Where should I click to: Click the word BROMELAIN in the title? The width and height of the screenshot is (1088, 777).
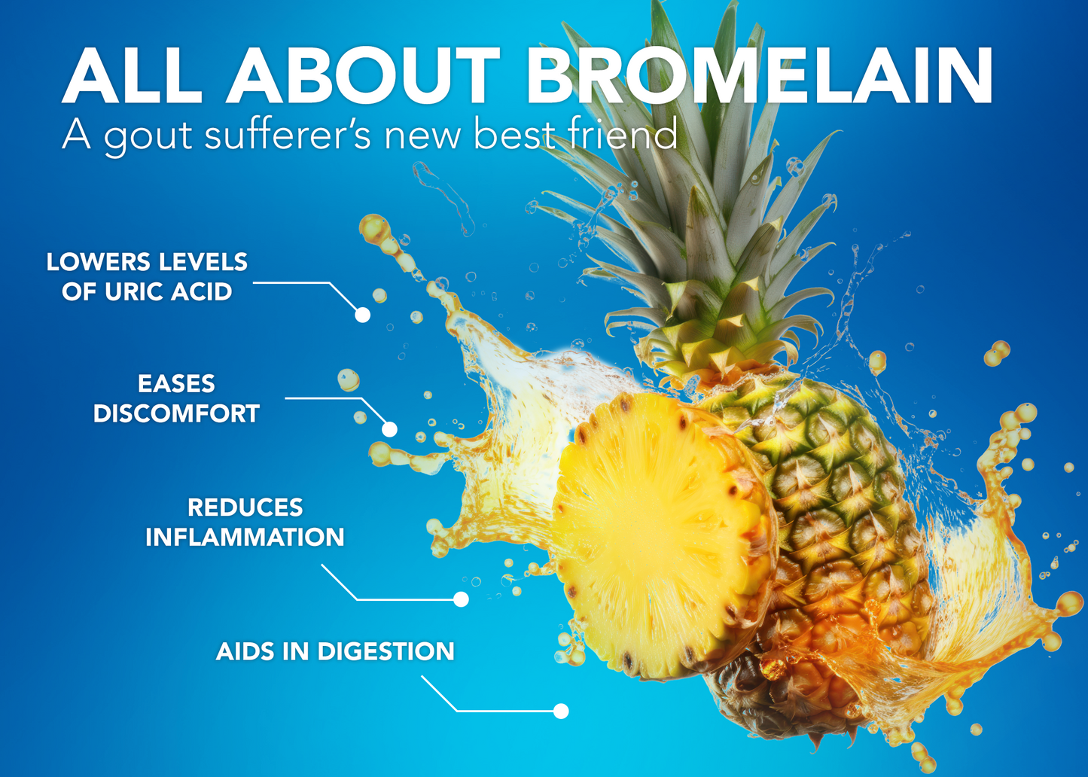coord(759,75)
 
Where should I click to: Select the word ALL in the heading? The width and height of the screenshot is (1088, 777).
coord(132,75)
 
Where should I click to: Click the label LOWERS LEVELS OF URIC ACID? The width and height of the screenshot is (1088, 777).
coord(147,277)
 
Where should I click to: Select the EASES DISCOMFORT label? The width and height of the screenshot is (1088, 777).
coord(176,399)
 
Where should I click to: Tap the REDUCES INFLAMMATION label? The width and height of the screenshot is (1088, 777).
coord(245,523)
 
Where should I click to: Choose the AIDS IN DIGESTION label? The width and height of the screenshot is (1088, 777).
coord(335,651)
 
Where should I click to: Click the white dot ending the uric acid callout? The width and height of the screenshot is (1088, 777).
coord(362,315)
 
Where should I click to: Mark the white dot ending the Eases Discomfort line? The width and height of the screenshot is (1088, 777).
coord(389,429)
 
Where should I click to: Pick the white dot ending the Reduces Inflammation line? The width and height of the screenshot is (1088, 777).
coord(461,599)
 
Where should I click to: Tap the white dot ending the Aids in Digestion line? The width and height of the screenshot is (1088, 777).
coord(561,711)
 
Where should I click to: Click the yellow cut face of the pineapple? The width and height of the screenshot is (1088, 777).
coord(656,535)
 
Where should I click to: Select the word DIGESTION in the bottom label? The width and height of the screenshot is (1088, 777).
coord(386,651)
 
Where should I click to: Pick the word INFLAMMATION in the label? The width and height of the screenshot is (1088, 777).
coord(245,537)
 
